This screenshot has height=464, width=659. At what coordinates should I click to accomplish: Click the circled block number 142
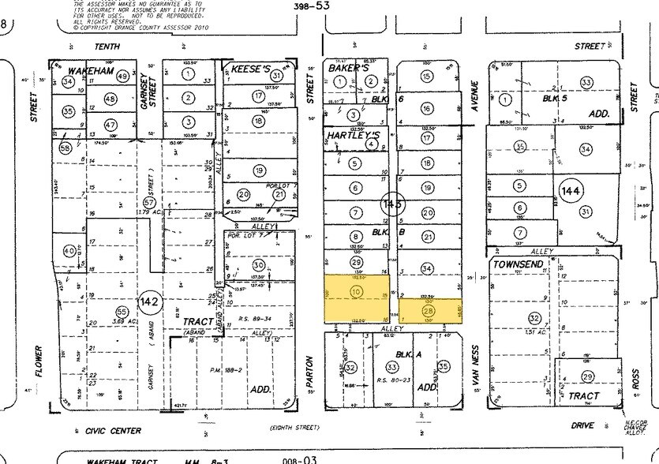click(x=150, y=302)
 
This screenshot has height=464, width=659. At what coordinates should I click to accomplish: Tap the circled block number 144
click(x=570, y=190)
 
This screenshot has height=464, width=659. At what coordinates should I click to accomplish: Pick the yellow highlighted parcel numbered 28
click(x=429, y=311)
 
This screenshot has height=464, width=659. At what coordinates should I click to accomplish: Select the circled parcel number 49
click(x=122, y=77)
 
